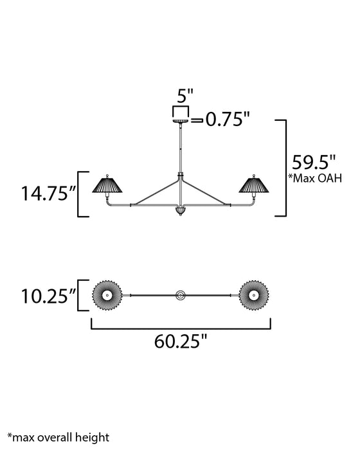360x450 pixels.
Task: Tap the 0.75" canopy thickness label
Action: (x=227, y=120)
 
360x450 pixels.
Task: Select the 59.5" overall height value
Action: (x=315, y=159)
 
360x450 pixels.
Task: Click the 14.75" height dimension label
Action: (x=43, y=194)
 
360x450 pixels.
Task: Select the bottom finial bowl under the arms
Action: (x=180, y=211)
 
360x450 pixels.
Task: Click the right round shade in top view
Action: (x=254, y=295)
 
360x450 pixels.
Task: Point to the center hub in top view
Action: (x=180, y=295)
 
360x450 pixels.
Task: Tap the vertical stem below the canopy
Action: (x=180, y=148)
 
